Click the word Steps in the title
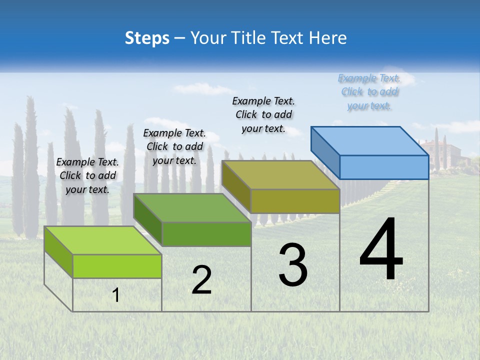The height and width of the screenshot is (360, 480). [147, 38]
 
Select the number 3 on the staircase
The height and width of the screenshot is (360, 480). [293, 265]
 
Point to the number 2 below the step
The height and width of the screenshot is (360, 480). [201, 280]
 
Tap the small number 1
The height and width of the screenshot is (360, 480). [116, 295]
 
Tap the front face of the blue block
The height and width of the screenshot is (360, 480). [384, 167]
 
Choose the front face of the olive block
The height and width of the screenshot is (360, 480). [295, 201]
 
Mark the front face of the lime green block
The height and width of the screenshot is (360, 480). [117, 266]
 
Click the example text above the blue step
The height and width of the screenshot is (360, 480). [369, 92]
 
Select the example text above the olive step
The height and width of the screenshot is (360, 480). [263, 115]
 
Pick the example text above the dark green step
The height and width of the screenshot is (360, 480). [174, 146]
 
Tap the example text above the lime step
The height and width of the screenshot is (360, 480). [87, 175]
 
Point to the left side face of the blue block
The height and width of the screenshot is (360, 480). [325, 152]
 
